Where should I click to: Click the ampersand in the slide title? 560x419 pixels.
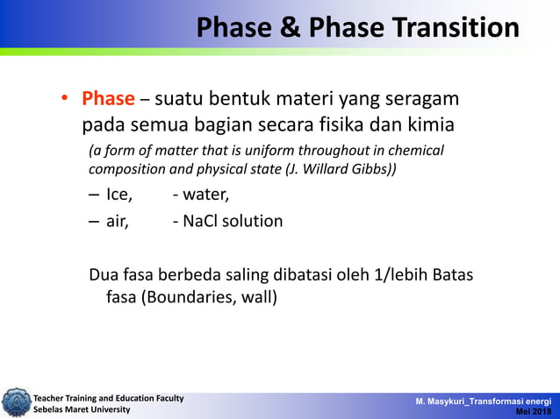(291, 28)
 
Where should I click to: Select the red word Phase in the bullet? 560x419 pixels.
(108, 99)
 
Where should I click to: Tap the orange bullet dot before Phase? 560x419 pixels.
(65, 100)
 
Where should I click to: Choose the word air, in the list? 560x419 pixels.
(118, 221)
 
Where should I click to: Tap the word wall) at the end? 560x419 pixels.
(256, 298)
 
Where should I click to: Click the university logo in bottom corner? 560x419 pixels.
(15, 402)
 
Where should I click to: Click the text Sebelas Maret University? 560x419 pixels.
(82, 409)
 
